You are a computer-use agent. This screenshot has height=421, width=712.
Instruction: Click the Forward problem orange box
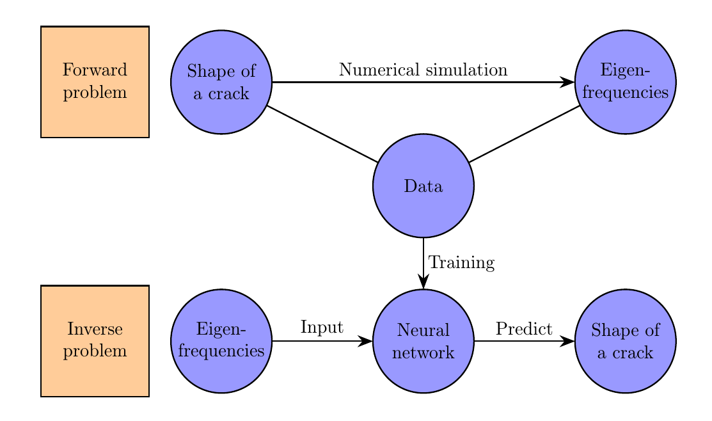[x=95, y=81]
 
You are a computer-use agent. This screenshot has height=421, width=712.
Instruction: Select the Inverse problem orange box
[x=95, y=340]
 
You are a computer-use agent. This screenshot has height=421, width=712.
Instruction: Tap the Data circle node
[x=423, y=186]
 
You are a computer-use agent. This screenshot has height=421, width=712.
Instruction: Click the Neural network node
[x=423, y=340]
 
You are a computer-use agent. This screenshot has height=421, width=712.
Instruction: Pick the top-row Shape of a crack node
[x=221, y=82]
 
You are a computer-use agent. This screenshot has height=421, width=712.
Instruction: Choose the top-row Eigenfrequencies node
[x=625, y=82]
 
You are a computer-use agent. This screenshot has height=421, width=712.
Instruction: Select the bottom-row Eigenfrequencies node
[x=221, y=340]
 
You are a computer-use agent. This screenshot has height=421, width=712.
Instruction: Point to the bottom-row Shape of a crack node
[x=625, y=340]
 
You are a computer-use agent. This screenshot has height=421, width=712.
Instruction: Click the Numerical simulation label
[x=423, y=69]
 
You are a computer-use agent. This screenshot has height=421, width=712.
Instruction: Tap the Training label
[x=461, y=263]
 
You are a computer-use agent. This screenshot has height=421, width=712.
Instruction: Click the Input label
[x=322, y=328]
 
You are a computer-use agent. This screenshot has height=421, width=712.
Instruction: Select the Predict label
[x=524, y=329]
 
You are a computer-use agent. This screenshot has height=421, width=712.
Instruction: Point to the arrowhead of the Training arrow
[x=423, y=283]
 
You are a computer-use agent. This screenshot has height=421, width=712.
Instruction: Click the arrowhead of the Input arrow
[x=366, y=340]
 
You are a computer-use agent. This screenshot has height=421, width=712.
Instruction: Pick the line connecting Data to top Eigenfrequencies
[x=525, y=134]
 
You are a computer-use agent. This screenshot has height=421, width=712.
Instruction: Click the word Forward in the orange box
[x=95, y=70]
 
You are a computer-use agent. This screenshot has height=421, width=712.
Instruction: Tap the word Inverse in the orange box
[x=95, y=330]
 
